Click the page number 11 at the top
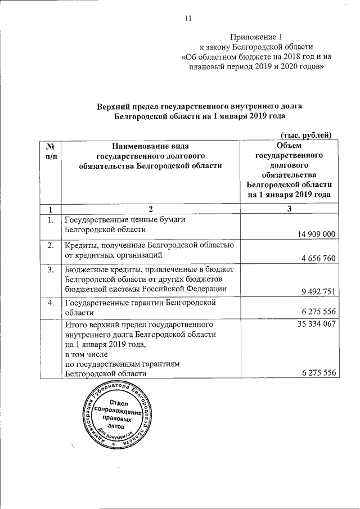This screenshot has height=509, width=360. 188,18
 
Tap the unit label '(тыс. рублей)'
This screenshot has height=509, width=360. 306,134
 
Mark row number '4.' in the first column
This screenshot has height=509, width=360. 51,303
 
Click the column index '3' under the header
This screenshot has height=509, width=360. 289,209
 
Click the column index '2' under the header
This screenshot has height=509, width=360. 151,209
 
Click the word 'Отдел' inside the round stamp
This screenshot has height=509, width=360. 119,403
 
